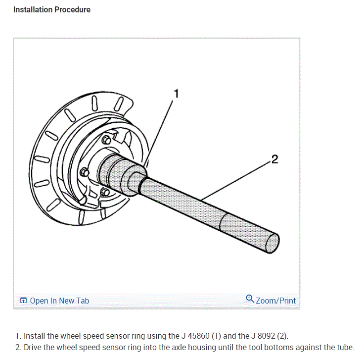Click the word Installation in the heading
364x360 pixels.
tap(33, 9)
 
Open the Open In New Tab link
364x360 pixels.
tap(59, 301)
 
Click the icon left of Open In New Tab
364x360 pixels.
tap(23, 301)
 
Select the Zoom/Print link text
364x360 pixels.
tap(275, 301)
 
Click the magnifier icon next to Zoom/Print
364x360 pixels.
tap(250, 299)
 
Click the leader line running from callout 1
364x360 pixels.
tap(161, 129)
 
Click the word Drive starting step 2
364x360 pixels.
tap(33, 347)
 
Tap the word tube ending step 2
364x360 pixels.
tap(345, 347)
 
